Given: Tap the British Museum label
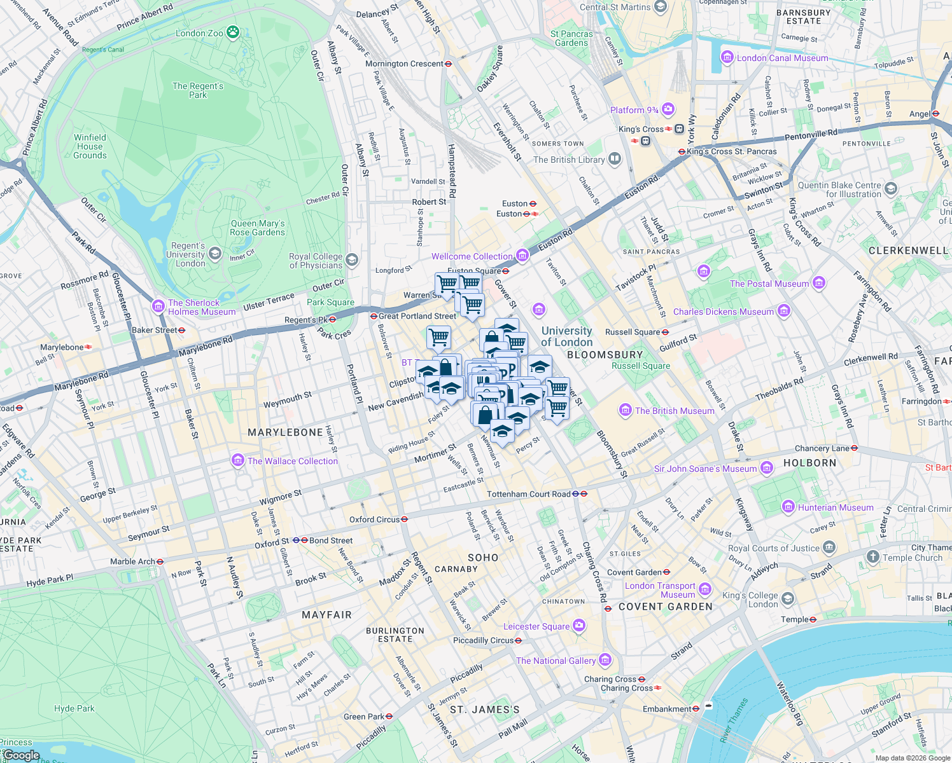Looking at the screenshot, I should pyautogui.click(x=675, y=411).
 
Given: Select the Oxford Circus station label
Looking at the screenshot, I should pyautogui.click(x=374, y=519).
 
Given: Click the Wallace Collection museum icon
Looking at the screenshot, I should pyautogui.click(x=238, y=460).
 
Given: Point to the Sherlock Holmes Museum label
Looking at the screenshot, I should pyautogui.click(x=201, y=307).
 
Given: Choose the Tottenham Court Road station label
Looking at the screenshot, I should pyautogui.click(x=528, y=494).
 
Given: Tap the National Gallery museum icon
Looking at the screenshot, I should pyautogui.click(x=605, y=660).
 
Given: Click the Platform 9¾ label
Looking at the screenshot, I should pyautogui.click(x=634, y=110).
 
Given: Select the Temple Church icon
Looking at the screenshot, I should pyautogui.click(x=872, y=557).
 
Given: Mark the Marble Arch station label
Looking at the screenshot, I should pyautogui.click(x=132, y=561).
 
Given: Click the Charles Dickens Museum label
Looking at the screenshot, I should pyautogui.click(x=724, y=312).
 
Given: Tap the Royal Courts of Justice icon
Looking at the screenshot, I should pyautogui.click(x=829, y=547).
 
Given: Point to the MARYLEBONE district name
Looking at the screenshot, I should pyautogui.click(x=285, y=432).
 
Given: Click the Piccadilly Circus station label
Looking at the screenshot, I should pyautogui.click(x=483, y=640).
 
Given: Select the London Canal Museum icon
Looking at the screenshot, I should pyautogui.click(x=727, y=58).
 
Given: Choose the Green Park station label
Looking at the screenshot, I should pyautogui.click(x=363, y=717).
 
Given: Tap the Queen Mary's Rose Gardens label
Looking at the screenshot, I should pyautogui.click(x=258, y=228).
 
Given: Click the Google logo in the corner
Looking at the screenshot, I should pyautogui.click(x=21, y=755).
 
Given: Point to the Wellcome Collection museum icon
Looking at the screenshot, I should pyautogui.click(x=522, y=256).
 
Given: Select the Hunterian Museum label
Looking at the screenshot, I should pyautogui.click(x=836, y=507).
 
